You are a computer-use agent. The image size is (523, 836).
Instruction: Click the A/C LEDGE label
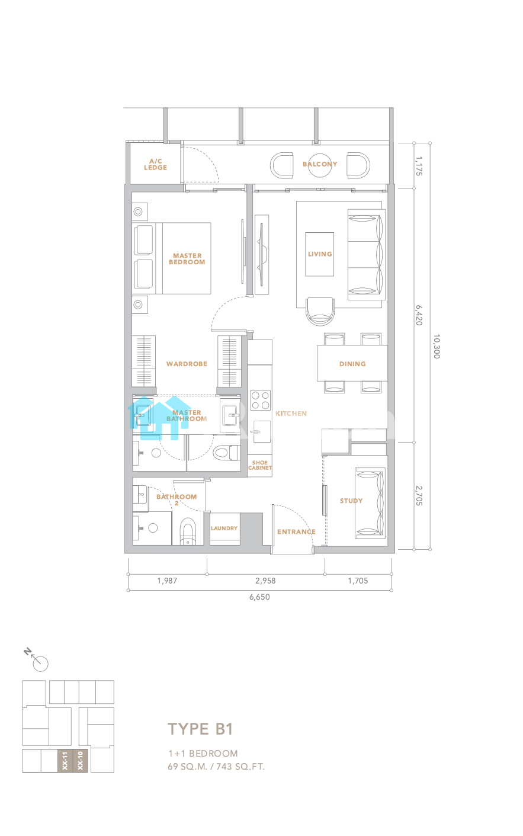(156, 164)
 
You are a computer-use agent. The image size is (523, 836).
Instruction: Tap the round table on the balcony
(320, 165)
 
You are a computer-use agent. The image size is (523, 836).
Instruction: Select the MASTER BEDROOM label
(187, 259)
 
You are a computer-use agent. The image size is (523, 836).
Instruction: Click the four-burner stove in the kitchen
(261, 400)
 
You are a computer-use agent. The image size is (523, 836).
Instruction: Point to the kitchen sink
(262, 431)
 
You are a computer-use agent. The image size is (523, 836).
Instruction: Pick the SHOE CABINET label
(260, 465)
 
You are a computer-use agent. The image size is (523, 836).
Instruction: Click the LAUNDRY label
(224, 528)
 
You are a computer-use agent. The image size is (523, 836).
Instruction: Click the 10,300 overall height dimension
(437, 347)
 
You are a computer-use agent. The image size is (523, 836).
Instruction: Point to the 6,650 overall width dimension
(259, 597)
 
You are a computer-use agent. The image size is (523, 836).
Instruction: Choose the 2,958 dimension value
(265, 581)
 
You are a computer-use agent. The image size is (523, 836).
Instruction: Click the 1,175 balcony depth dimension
(419, 166)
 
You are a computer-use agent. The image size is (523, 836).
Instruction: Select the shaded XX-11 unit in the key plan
(65, 761)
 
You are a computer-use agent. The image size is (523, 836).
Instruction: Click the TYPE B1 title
(200, 729)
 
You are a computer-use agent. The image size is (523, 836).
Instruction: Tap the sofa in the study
(370, 503)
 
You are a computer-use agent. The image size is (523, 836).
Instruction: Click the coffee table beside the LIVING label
(320, 254)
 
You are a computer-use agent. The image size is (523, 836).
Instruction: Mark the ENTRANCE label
(296, 531)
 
